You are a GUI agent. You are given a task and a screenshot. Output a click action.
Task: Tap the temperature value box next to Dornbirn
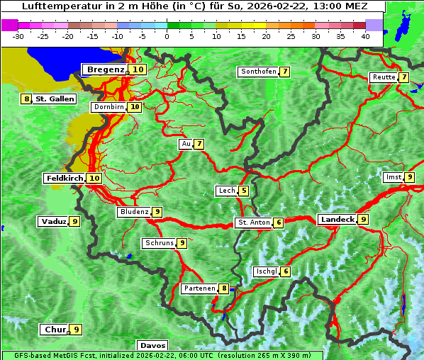134,107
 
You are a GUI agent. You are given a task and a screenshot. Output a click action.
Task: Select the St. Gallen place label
55,99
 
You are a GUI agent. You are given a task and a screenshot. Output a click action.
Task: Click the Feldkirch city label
65,178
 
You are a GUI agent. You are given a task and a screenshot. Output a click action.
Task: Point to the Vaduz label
54,222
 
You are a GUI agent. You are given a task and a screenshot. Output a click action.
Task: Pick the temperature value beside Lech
244,191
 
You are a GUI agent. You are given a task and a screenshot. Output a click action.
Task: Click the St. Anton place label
254,223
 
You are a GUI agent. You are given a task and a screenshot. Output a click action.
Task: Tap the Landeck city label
337,220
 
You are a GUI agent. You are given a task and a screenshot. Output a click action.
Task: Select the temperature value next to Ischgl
285,271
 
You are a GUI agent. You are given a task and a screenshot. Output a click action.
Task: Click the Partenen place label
199,288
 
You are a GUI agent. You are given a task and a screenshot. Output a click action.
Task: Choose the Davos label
152,346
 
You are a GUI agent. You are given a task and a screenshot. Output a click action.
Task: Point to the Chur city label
55,330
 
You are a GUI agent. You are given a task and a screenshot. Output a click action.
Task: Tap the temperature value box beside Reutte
403,77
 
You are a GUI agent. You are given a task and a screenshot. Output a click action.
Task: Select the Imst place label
392,177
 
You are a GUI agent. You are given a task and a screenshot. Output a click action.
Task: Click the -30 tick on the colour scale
19,35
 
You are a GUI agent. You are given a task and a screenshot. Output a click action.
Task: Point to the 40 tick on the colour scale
365,35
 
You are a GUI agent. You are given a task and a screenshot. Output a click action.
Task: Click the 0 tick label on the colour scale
167,35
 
